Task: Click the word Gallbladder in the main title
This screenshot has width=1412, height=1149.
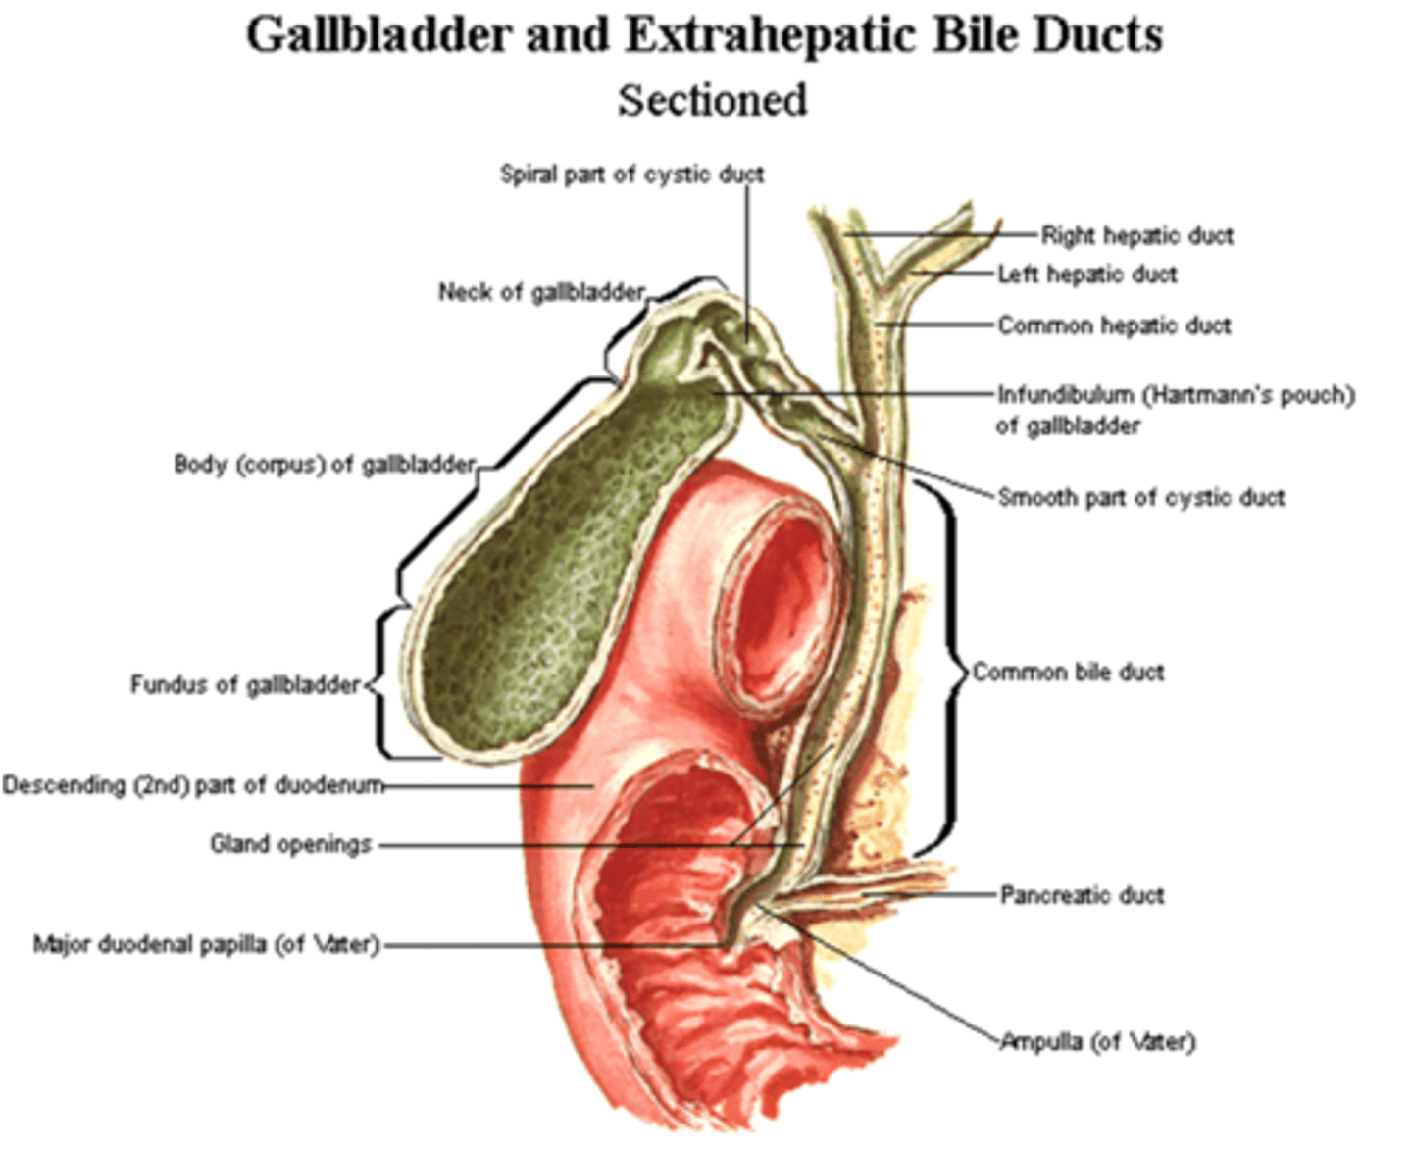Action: (x=378, y=35)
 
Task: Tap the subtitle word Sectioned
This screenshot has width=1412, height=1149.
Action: (x=713, y=100)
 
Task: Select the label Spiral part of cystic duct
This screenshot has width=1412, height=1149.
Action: (x=631, y=175)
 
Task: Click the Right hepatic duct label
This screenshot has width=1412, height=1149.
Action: (x=1136, y=235)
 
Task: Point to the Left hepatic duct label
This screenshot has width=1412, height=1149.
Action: (x=1086, y=275)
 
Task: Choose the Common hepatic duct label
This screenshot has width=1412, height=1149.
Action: (x=1114, y=325)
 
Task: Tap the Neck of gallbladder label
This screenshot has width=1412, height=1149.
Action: (x=541, y=292)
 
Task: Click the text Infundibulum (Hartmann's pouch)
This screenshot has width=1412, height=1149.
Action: (x=1176, y=395)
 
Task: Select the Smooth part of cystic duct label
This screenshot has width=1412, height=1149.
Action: (x=1140, y=498)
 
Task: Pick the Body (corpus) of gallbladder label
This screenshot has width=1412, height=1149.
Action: (x=325, y=464)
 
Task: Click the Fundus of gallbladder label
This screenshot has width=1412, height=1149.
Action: (x=245, y=684)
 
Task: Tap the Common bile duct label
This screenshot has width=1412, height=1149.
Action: (x=1068, y=673)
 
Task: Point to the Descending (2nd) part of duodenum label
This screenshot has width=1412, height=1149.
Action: (x=192, y=785)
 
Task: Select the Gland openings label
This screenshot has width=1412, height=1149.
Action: (x=291, y=844)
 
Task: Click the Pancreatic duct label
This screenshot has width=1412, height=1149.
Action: (x=1082, y=895)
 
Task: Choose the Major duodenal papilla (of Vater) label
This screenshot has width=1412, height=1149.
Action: (x=206, y=945)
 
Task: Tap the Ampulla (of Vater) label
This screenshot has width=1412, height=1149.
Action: (x=1097, y=1041)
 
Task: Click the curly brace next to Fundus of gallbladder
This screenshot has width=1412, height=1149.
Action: (x=382, y=683)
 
